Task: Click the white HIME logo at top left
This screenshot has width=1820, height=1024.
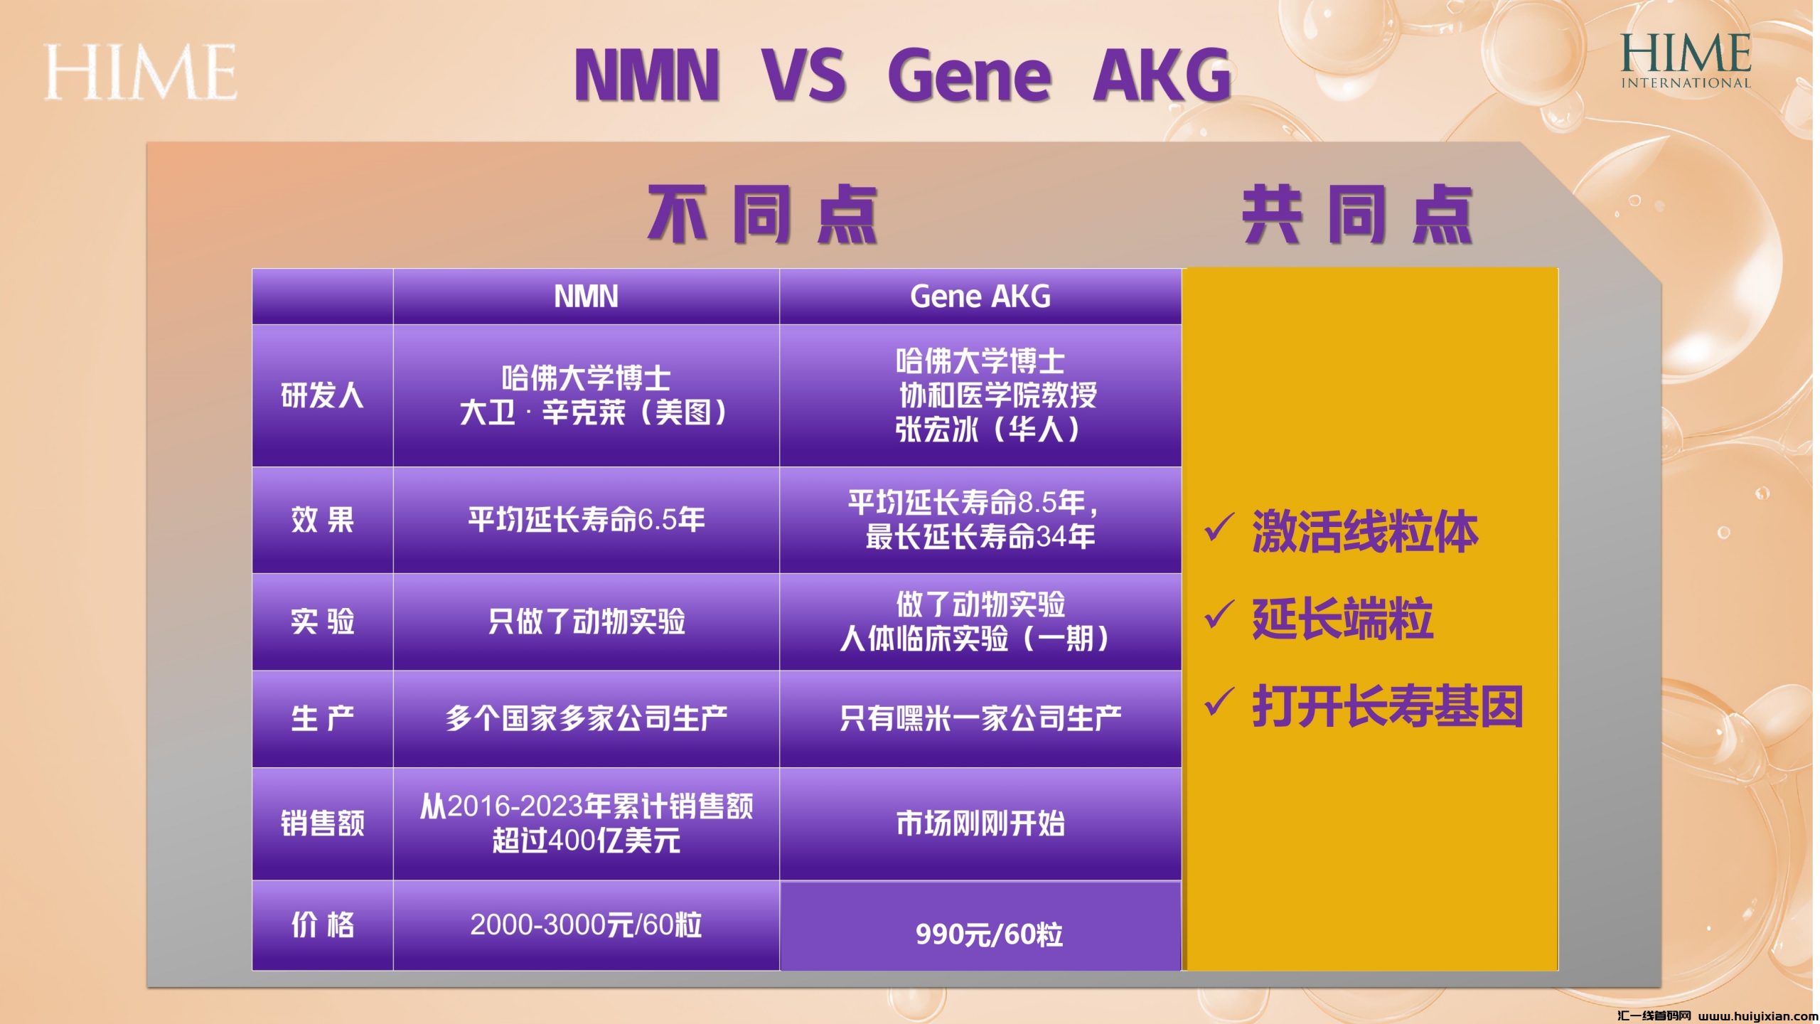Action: [140, 72]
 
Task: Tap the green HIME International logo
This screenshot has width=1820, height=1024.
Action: [1686, 61]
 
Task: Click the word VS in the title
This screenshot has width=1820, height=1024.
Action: [804, 75]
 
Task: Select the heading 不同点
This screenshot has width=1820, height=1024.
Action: [762, 213]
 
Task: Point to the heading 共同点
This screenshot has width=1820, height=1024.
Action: [1357, 213]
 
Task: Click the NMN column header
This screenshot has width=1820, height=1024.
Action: [586, 297]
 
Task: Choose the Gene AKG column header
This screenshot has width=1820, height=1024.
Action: [980, 297]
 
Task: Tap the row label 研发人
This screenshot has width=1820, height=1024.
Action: [322, 395]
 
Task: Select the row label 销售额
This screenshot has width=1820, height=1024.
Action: [322, 823]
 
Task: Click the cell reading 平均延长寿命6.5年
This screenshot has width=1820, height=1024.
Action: [587, 520]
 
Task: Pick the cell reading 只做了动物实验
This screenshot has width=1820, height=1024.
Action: [587, 622]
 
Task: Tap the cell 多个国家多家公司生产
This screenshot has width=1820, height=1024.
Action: [587, 719]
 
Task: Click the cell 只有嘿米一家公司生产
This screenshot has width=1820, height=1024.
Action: [980, 719]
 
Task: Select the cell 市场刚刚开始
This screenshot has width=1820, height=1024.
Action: [980, 823]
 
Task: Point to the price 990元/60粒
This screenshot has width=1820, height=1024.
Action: [989, 934]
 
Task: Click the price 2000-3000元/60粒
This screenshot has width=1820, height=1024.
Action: [586, 924]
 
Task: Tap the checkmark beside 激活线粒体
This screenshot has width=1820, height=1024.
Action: [1219, 528]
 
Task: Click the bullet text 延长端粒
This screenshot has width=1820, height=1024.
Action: [1342, 619]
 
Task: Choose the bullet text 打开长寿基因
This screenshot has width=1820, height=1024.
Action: [1387, 706]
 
